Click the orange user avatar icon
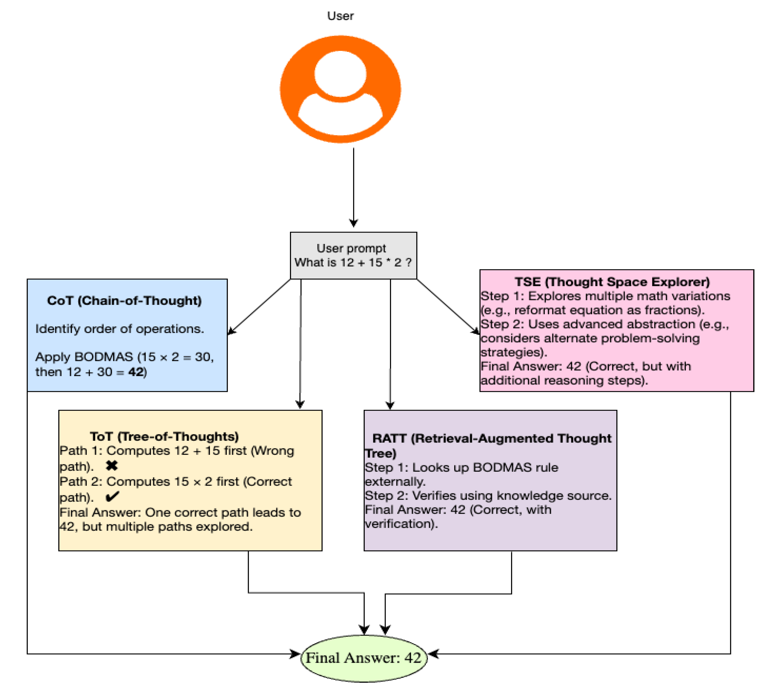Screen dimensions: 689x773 340,89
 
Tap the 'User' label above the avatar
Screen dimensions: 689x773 340,16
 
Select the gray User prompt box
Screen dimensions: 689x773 353,255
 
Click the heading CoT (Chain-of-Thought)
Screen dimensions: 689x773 124,301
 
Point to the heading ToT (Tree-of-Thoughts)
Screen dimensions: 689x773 164,436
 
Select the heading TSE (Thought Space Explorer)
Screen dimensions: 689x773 612,282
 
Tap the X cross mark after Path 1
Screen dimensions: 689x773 112,466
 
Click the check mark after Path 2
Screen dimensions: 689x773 112,496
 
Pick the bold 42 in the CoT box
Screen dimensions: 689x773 136,372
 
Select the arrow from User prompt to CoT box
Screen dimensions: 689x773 259,307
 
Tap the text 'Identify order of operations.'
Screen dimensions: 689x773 119,329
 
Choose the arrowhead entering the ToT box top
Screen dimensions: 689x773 300,404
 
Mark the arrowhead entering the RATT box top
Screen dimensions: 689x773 390,405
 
